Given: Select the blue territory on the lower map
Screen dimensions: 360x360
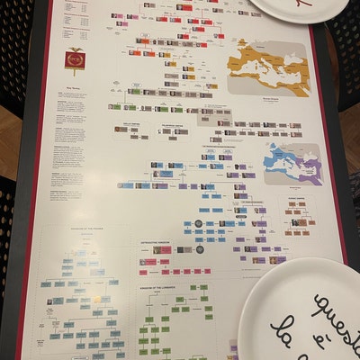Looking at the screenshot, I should coord(281,161).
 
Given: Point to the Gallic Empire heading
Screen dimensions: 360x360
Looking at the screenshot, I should coord(126,124).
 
